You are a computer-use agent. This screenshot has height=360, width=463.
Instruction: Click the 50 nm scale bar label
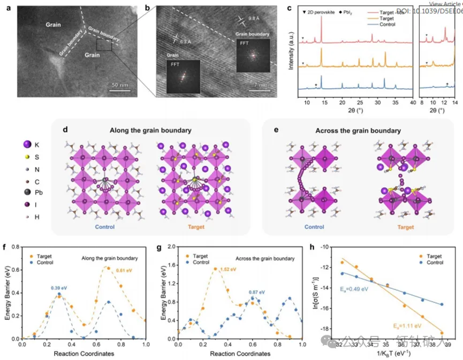[122, 85]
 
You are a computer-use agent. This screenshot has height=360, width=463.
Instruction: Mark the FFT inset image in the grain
[183, 75]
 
